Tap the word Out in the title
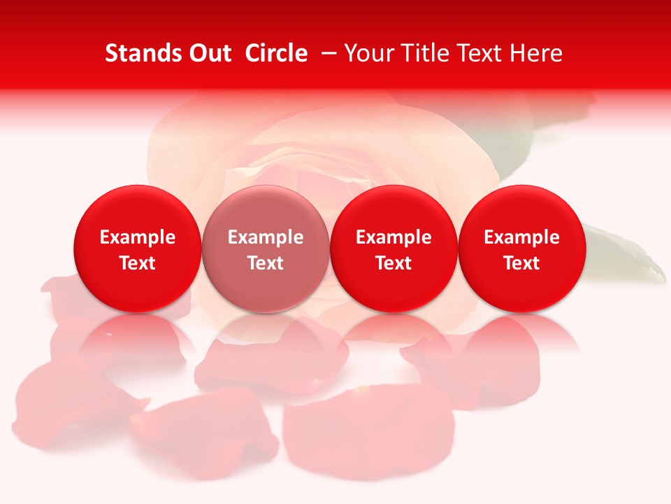point(209,53)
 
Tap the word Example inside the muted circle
point(266,237)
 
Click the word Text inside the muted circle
point(266,263)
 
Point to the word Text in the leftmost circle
point(138,263)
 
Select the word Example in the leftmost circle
point(138,237)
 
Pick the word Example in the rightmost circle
point(522,237)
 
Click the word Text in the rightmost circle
point(522,263)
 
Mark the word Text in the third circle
point(394,263)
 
